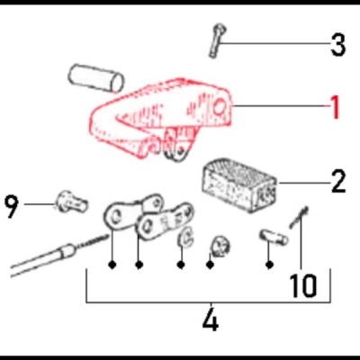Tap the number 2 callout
[x=337, y=183]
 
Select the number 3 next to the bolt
[x=337, y=44]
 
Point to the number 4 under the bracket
[x=210, y=319]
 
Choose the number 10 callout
[x=303, y=285]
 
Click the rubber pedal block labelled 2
[x=238, y=181]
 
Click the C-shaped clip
[x=184, y=239]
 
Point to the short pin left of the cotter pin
[x=270, y=238]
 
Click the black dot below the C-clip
[x=182, y=265]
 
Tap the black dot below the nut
[x=211, y=265]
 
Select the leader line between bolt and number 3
[x=274, y=42]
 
